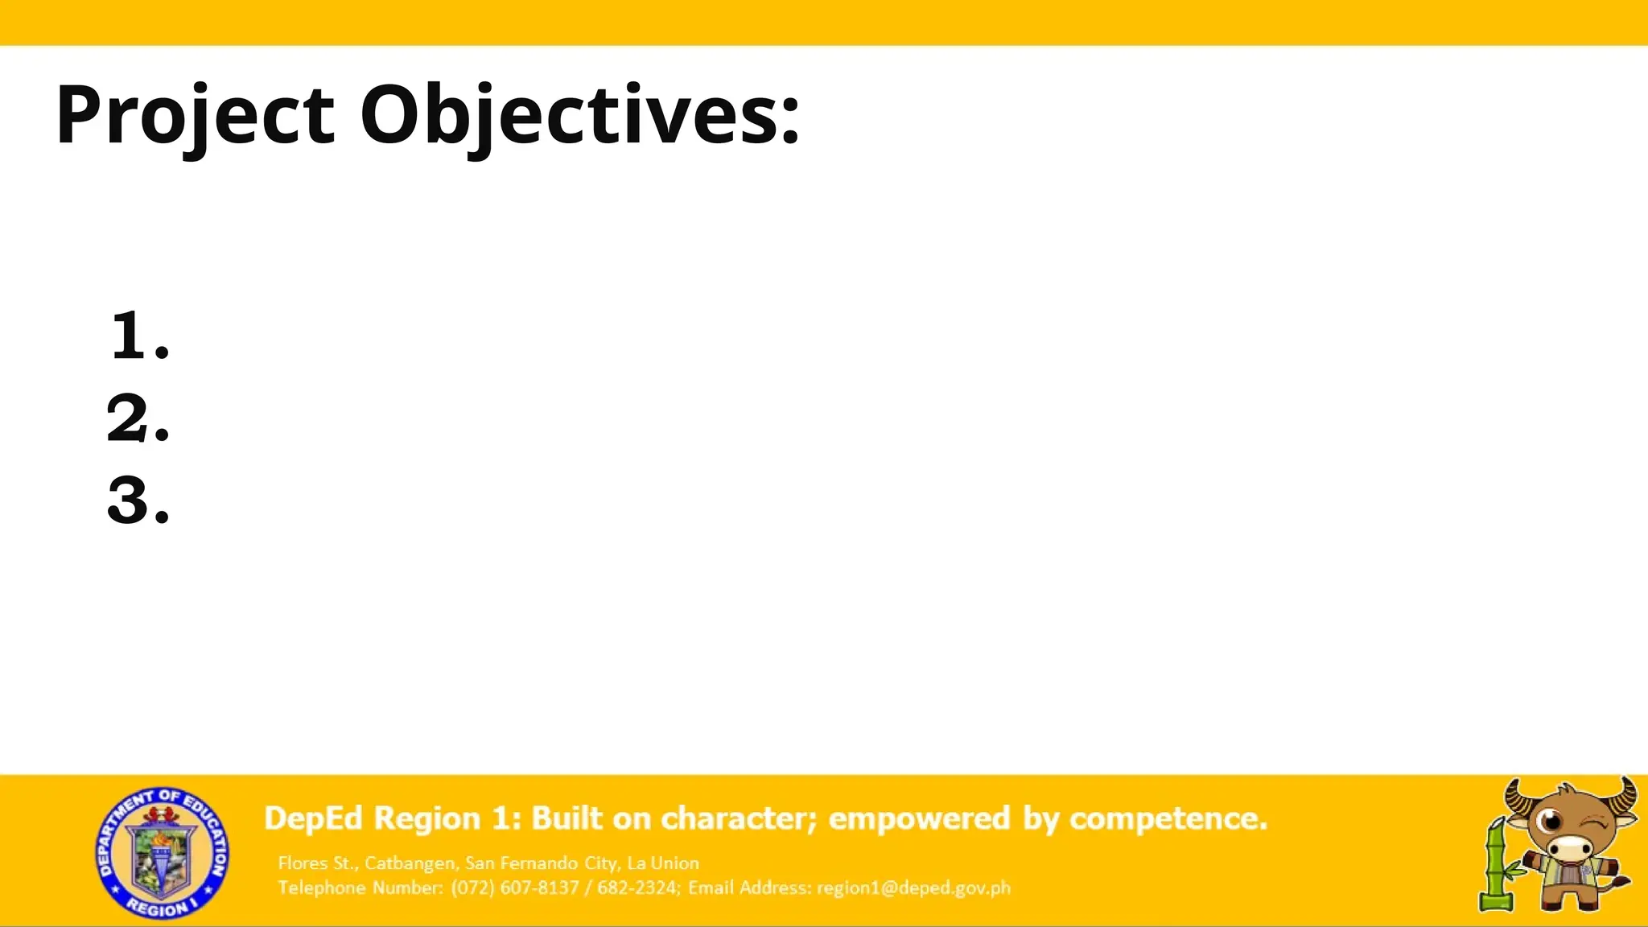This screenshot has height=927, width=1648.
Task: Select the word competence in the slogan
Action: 1168,818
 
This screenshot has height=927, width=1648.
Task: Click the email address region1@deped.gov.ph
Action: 913,888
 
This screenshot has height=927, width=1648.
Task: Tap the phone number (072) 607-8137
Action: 515,888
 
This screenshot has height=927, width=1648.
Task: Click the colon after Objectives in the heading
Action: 790,121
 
